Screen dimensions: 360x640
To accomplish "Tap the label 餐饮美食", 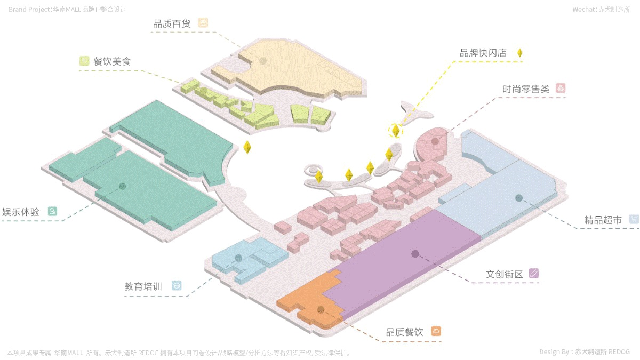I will (112, 61).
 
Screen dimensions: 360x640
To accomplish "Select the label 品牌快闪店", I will (483, 53).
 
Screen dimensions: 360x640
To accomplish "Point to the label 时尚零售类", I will (525, 89).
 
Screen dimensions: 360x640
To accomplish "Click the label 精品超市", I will (603, 220).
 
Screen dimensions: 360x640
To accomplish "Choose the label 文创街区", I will (504, 274).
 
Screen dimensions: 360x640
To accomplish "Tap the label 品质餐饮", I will (404, 332).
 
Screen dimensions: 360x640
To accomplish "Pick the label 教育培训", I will (143, 286).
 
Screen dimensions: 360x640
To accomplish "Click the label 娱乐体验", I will (21, 212).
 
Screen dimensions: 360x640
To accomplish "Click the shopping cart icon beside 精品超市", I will (634, 219).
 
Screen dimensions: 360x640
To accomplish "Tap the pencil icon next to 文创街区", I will (534, 273).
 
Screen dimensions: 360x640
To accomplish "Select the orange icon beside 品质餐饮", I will (436, 331).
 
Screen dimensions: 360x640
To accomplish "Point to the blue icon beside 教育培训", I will (176, 286).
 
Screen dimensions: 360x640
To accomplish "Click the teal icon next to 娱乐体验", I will (52, 211).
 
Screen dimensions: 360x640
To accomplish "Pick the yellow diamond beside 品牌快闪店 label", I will (519, 53).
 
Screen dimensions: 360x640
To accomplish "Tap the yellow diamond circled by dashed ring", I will (396, 130).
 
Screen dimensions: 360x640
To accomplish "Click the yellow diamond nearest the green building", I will (247, 147).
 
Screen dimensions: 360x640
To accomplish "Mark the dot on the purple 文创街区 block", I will (415, 254).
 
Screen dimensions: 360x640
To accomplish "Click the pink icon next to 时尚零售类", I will (560, 89).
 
